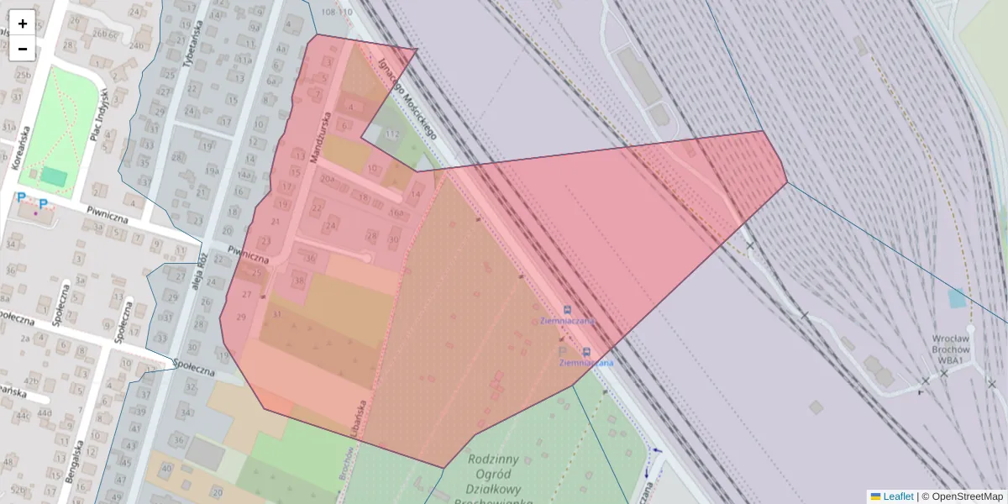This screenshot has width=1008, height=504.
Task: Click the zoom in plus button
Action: [x=23, y=24]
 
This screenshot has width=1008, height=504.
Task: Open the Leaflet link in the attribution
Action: [x=898, y=496]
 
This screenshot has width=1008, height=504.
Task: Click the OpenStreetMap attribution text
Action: [x=967, y=496]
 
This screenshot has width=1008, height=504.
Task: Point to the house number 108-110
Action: [x=337, y=13]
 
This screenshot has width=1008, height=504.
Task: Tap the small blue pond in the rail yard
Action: [x=956, y=297]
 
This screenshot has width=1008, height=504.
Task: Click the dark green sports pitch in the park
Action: [x=55, y=176]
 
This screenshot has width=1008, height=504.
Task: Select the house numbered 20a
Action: [x=327, y=178]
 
